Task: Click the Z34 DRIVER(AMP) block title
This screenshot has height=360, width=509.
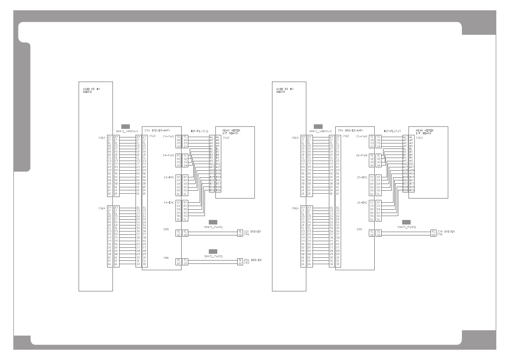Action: coord(155,130)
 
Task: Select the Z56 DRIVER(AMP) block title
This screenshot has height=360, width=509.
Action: coord(348,130)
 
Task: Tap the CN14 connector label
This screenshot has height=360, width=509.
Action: coord(102,208)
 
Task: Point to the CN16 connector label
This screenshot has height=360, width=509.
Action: coord(295,208)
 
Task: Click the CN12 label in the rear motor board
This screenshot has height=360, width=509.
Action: coord(226,138)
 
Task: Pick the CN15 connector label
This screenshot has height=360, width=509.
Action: coord(295,138)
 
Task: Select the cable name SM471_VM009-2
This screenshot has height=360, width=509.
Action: coord(127,131)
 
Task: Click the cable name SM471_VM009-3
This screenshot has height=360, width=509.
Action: coord(320,131)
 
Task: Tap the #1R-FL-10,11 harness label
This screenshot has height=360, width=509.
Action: coord(199,131)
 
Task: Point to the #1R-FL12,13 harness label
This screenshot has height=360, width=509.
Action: coord(392,131)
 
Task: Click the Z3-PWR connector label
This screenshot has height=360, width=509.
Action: coord(168,137)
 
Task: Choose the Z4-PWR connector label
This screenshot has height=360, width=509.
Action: coord(168,155)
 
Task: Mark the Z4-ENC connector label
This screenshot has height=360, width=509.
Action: coord(168,202)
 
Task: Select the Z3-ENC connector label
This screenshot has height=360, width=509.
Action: coord(168,177)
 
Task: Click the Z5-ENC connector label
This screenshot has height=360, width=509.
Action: coord(362,177)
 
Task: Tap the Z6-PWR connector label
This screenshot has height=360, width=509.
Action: coord(362,155)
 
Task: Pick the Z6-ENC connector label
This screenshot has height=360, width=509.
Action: coord(362,202)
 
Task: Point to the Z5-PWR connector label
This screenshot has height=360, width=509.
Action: coord(362,137)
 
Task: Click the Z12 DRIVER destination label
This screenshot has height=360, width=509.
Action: coord(252,232)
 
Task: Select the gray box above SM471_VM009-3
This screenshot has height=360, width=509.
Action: coord(318,126)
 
